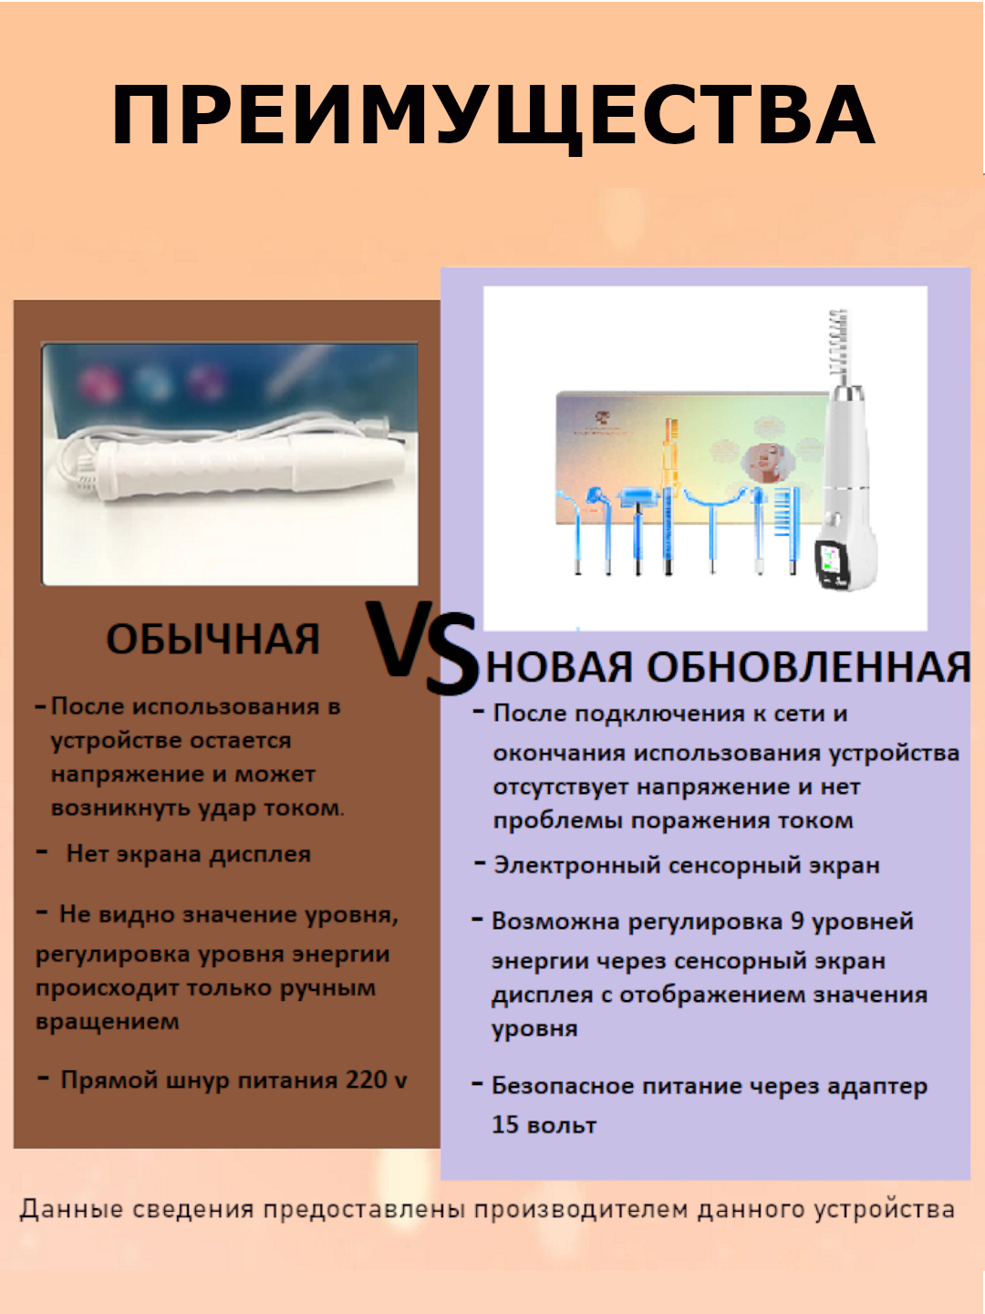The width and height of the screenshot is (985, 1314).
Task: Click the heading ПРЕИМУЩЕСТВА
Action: click(493, 116)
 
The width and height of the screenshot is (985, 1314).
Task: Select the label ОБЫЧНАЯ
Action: click(213, 639)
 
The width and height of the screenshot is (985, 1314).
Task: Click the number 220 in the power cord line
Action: click(366, 1080)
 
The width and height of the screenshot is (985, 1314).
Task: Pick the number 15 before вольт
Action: click(504, 1124)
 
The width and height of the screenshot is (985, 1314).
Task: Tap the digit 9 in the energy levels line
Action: click(797, 921)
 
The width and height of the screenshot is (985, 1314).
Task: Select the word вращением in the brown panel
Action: click(108, 1022)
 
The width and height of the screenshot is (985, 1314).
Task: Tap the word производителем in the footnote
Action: click(581, 1210)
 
